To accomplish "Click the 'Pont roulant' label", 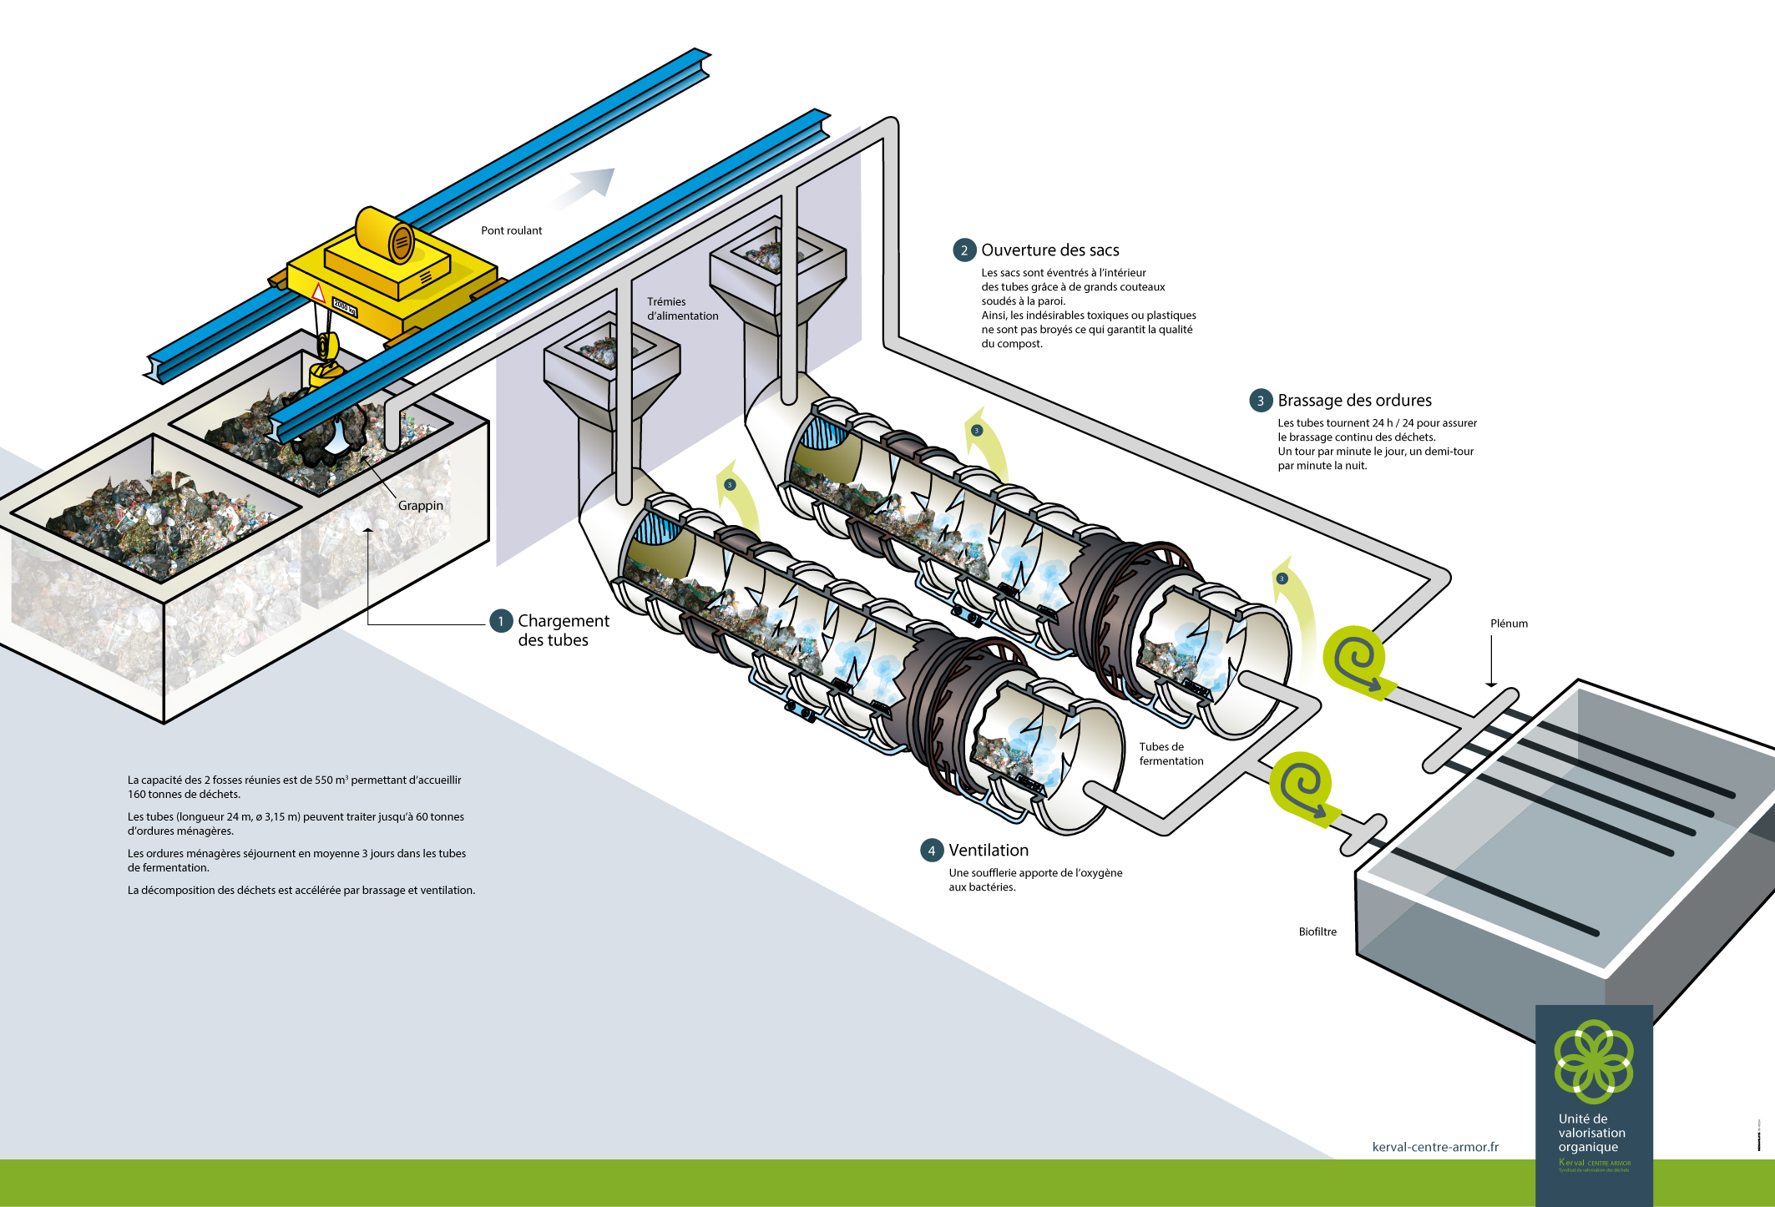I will pos(511,230).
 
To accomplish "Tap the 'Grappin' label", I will pos(420,505).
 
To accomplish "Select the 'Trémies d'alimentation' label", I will pos(682,309).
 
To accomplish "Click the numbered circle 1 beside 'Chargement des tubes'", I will pos(501,621).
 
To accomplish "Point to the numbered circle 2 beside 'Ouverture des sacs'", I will pos(964,250).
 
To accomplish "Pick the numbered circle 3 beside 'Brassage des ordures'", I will pos(1261,401).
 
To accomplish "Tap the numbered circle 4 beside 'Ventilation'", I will pos(932,851).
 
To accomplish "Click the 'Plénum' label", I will pos(1509,624).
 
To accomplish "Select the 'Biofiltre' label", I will pos(1317,932).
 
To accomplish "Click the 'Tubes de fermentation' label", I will pos(1171,754).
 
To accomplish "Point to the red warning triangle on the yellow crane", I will pos(318,293).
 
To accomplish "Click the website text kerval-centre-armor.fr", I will pos(1435,1147).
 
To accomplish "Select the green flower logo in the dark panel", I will pos(1593,1061).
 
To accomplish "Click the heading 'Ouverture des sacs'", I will pos(1049,250).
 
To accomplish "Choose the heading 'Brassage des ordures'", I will pos(1354,401).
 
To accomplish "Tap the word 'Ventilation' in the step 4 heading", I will pos(989,851).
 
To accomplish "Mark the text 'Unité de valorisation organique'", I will pos(1591,1133).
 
